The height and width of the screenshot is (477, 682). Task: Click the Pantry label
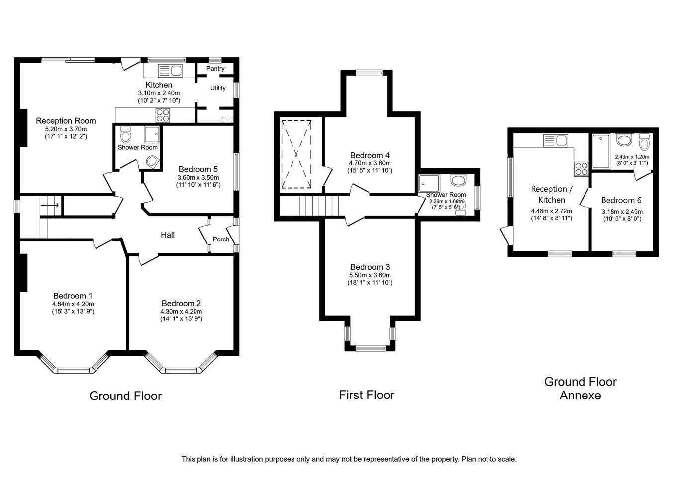click(x=215, y=69)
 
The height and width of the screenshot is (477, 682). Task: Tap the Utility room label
click(x=218, y=88)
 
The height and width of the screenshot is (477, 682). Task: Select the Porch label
click(x=221, y=239)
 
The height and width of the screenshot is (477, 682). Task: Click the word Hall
click(x=168, y=235)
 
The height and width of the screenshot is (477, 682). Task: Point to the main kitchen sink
click(x=171, y=71)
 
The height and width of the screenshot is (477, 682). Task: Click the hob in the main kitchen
click(x=163, y=115)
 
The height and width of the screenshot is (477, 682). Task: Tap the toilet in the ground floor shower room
click(x=126, y=135)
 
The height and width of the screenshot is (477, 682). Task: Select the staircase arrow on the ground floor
click(x=50, y=205)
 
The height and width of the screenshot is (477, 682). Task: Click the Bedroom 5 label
click(x=198, y=169)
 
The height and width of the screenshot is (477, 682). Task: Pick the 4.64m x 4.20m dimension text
click(x=73, y=304)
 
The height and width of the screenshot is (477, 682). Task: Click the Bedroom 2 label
click(x=181, y=303)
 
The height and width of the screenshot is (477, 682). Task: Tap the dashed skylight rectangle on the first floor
click(x=296, y=154)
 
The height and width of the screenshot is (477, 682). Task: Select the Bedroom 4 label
click(x=370, y=155)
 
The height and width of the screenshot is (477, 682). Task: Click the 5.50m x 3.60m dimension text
click(x=370, y=275)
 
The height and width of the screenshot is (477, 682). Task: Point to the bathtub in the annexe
click(x=601, y=151)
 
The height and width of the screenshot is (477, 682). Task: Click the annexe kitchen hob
click(x=581, y=169)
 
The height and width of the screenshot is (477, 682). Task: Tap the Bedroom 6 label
click(x=621, y=200)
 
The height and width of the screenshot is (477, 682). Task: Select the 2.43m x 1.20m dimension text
click(x=632, y=157)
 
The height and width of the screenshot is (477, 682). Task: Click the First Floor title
click(x=367, y=395)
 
